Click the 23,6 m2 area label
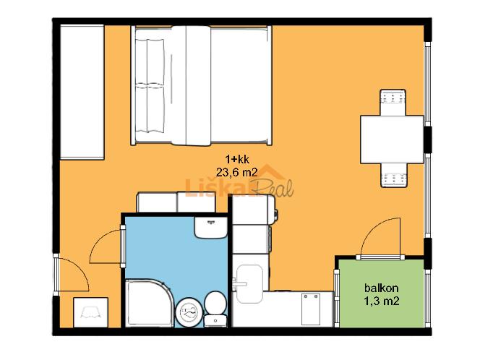coord(236,172)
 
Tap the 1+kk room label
coord(237,159)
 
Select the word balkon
coord(382,288)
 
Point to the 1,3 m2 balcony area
coord(382,301)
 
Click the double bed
coord(202,85)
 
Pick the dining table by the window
coord(392,140)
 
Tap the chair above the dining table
coord(393,102)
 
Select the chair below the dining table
coord(394,175)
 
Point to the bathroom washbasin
coord(210,228)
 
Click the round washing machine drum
coord(189,312)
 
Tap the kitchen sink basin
coord(250,284)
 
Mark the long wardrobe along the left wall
coord(82,92)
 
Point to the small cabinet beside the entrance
coord(90,312)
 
